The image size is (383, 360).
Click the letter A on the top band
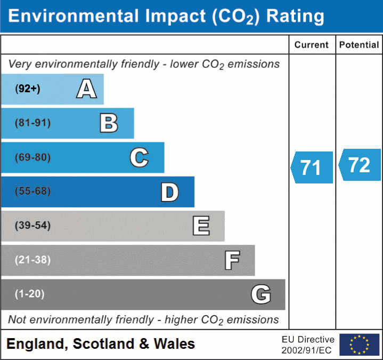click(86, 89)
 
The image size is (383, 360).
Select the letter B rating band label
click(109, 123)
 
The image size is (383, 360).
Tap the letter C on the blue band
click(139, 157)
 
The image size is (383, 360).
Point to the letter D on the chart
click(169, 192)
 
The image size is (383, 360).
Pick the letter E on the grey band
click(201, 226)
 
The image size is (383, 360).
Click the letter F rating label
click(231, 260)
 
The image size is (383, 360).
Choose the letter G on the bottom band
click(261, 294)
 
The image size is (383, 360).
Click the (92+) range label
click(28, 89)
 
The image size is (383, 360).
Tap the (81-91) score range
click(33, 123)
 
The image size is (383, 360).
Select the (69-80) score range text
click(33, 157)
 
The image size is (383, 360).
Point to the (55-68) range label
click(33, 191)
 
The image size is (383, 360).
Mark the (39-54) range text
click(33, 226)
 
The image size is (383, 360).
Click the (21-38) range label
click(33, 260)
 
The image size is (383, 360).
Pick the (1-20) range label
click(30, 294)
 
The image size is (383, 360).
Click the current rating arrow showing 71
click(312, 167)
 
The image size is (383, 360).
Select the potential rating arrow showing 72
click(360, 165)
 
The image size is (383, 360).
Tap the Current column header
click(312, 45)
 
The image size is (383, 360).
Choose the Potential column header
click(359, 45)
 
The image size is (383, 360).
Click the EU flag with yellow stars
click(359, 345)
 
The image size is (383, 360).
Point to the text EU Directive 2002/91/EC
click(308, 345)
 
